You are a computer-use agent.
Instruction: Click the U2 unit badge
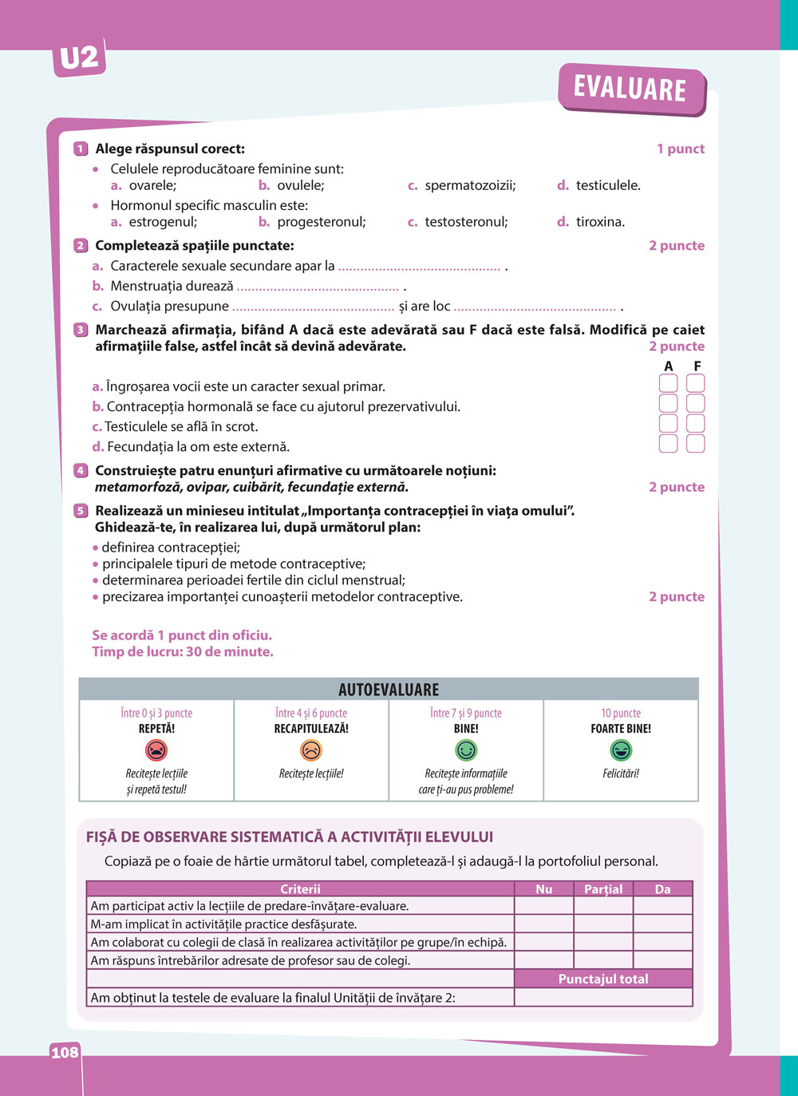pos(79,58)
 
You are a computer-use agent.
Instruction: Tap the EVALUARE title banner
pos(630,88)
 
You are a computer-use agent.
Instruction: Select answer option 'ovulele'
pos(299,185)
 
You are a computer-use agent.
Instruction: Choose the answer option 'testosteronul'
pos(465,222)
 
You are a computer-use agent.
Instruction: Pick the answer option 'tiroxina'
pos(600,222)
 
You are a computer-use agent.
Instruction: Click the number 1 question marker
pos(81,148)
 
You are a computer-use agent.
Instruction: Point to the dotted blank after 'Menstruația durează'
pos(318,287)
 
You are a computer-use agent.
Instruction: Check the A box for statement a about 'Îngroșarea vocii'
pos(668,384)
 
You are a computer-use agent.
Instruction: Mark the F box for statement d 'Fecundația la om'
pos(695,444)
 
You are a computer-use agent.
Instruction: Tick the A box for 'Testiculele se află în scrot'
pos(668,424)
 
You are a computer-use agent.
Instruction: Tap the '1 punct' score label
pos(681,148)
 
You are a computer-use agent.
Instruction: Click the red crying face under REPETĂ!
pos(156,750)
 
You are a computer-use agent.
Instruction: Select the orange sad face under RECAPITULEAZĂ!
pos(311,750)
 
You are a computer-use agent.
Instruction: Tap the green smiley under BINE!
pos(466,750)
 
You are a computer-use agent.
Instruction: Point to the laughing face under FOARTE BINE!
pos(621,750)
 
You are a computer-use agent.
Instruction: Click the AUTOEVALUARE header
pos(389,690)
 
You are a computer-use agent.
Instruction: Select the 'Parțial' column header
pos(603,889)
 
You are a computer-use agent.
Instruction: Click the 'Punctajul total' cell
pos(603,979)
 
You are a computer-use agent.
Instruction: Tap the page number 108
pos(65,1052)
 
